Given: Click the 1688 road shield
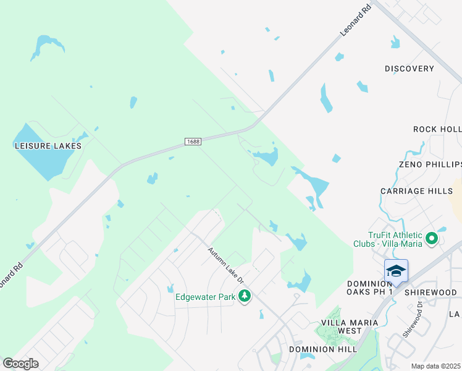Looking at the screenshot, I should (193, 142).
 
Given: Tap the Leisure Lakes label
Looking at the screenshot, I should (48, 146).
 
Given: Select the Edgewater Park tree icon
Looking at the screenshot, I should (246, 297).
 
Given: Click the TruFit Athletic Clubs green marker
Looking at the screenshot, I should (432, 237).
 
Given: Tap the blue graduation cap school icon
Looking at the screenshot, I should (396, 271).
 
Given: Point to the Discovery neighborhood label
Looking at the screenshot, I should (409, 69).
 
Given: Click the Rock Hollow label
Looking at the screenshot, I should (437, 129).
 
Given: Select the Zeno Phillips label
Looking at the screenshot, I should (430, 165).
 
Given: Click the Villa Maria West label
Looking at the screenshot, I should (341, 326).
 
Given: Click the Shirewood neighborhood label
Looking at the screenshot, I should (430, 292).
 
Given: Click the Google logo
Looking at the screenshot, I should (20, 364).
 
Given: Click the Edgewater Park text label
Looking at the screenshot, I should (206, 297).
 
